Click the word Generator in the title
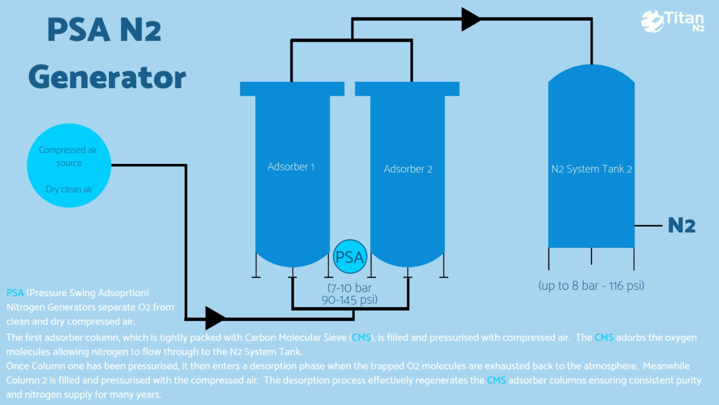tap(107, 78)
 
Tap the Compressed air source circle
tap(69, 170)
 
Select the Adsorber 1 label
tap(291, 167)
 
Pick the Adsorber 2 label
tap(408, 169)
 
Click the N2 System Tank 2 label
tap(591, 169)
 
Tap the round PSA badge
tap(349, 257)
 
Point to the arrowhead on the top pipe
tap(470, 19)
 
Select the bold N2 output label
tap(682, 226)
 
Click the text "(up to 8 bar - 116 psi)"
tap(592, 286)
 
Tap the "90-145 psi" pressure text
tap(349, 299)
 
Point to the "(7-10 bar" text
tap(349, 287)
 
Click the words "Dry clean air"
tap(69, 190)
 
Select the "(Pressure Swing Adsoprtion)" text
tap(88, 293)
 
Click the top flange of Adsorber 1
tap(292, 89)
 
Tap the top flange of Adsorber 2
tap(407, 89)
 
